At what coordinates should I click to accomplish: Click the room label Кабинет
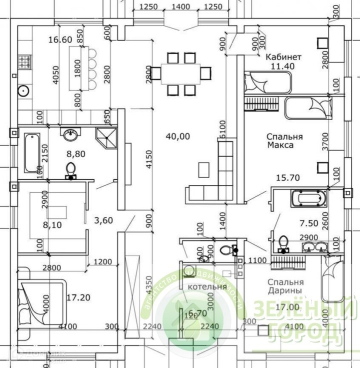pyautogui.click(x=283, y=57)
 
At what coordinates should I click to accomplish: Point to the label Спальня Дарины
pyautogui.click(x=284, y=285)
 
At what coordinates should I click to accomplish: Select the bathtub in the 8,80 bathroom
pyautogui.click(x=32, y=152)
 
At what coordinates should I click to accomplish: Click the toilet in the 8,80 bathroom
pyautogui.click(x=70, y=169)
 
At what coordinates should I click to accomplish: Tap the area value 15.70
pyautogui.click(x=287, y=177)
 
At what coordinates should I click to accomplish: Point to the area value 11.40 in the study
pyautogui.click(x=283, y=66)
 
